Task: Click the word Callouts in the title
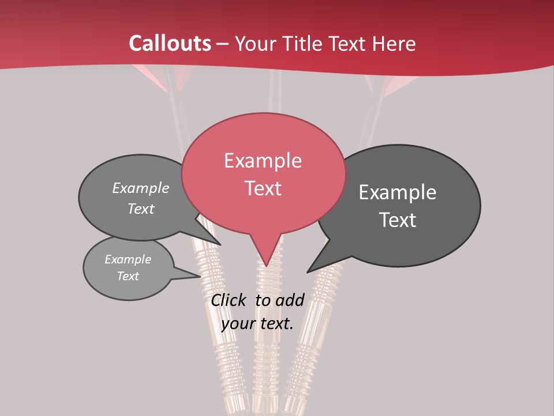(170, 43)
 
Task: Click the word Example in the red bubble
(263, 161)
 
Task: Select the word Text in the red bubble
(263, 188)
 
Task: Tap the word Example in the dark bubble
(398, 192)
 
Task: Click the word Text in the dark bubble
(398, 220)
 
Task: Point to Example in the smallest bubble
(128, 259)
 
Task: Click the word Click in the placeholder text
(229, 300)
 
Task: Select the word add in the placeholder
(290, 300)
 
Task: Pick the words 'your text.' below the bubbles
(257, 324)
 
